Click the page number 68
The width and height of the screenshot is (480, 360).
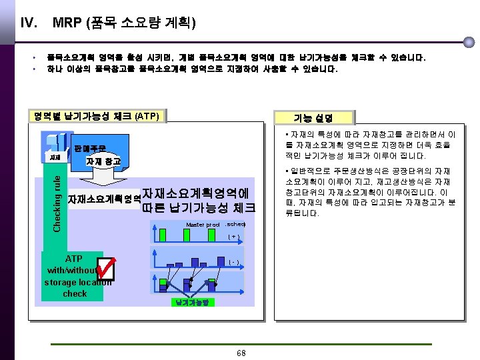click(241, 352)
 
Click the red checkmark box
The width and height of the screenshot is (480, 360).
click(105, 268)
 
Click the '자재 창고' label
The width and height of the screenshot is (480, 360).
click(103, 161)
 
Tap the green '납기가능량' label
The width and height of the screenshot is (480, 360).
click(192, 302)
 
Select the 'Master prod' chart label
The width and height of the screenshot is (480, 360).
click(203, 225)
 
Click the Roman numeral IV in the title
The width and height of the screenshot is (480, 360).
click(28, 23)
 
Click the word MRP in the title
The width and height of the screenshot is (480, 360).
click(67, 23)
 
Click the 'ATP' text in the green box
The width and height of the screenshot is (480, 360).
click(74, 259)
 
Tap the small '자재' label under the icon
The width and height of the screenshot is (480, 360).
click(54, 157)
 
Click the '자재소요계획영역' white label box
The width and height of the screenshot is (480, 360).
click(104, 199)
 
